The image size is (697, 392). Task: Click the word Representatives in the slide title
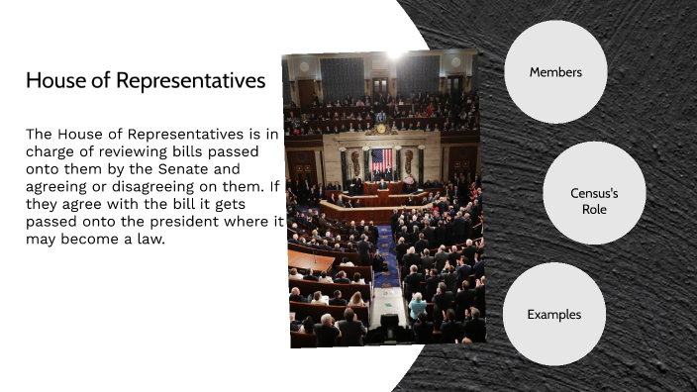pos(191,81)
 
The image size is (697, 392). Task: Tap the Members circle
pos(554,72)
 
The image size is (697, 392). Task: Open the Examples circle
pos(553,315)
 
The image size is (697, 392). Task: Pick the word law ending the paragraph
pos(156,239)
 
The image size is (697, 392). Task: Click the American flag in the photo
pos(381,159)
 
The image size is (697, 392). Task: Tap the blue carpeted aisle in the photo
pos(385,263)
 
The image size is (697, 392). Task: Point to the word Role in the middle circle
pos(594,210)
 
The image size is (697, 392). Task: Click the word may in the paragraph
pos(42,239)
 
